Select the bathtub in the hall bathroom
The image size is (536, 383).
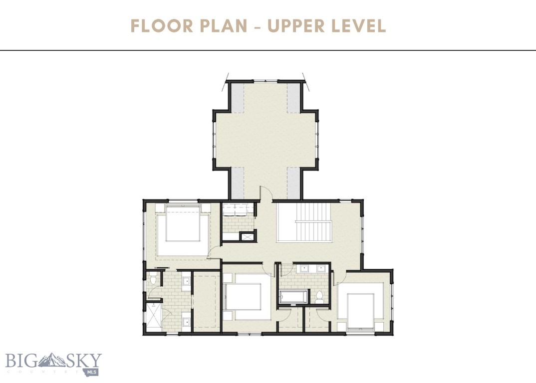[294, 298]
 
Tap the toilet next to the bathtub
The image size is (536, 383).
[319, 296]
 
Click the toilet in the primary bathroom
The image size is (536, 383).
[153, 280]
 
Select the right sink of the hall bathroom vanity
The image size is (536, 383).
[320, 268]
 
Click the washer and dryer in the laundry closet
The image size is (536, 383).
[239, 210]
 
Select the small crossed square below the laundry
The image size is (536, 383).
[247, 237]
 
